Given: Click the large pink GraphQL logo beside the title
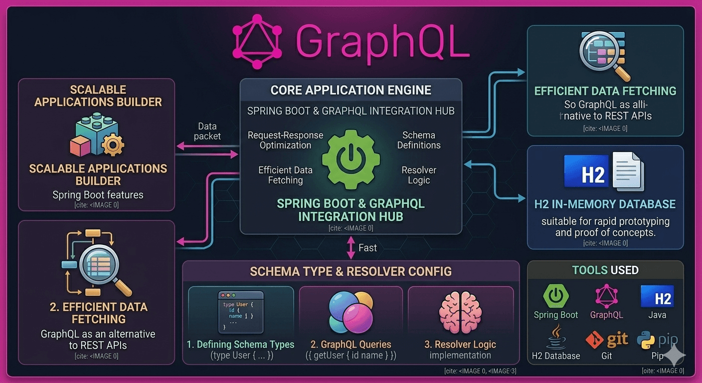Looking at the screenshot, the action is [257, 41].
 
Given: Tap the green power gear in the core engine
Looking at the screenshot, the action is [351, 160].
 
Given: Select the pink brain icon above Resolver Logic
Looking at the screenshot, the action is [460, 312].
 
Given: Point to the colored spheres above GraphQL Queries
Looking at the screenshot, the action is [351, 312].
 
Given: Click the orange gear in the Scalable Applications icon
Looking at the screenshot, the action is [113, 145].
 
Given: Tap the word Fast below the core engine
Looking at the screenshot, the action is [367, 248].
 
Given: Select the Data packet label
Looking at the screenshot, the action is [207, 131].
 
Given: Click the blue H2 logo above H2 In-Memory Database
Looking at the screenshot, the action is [586, 171].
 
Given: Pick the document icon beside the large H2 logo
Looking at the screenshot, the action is [628, 172].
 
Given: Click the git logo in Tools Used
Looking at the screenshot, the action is [607, 340].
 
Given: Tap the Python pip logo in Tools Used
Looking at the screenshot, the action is [657, 340].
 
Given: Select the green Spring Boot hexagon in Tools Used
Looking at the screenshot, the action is [555, 296].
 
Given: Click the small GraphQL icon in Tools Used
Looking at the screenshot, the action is [606, 296].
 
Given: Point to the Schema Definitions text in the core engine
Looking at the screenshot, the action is [419, 140].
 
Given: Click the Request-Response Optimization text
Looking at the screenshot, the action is [285, 140].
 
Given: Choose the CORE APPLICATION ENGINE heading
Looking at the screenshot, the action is [351, 90].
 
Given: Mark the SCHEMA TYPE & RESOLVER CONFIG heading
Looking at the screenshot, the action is [351, 271].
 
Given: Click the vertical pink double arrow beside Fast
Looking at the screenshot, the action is [351, 248].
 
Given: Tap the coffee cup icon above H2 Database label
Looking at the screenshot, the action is [555, 337].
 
